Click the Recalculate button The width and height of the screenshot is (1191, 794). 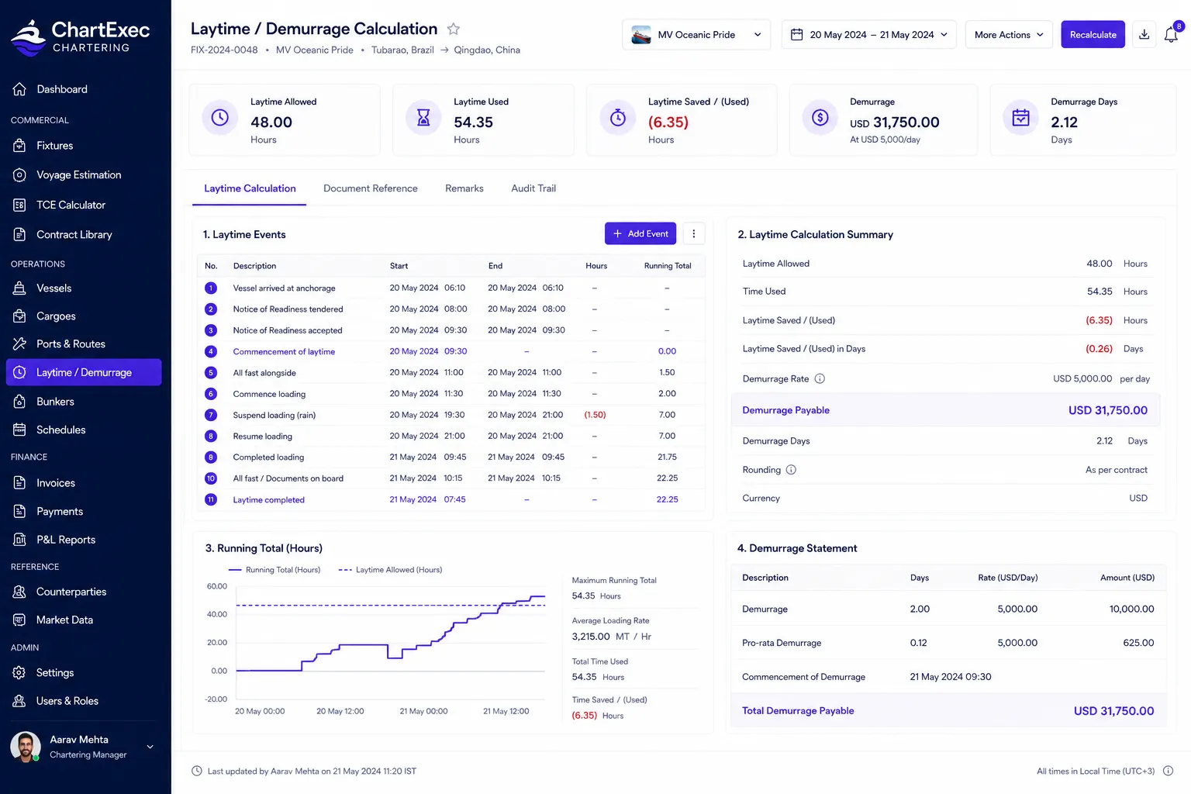point(1093,35)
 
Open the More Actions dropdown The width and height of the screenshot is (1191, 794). point(1009,35)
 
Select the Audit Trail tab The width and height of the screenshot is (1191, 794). point(533,188)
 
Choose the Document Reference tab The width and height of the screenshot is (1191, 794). point(370,188)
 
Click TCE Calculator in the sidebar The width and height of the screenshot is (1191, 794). point(71,205)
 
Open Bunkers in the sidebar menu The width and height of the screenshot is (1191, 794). point(55,402)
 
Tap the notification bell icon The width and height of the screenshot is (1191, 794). point(1171,35)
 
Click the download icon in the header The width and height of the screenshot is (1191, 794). point(1144,35)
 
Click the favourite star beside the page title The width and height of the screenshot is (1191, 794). point(453,29)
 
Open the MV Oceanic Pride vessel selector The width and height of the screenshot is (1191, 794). point(696,35)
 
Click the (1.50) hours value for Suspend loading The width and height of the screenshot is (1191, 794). point(595,415)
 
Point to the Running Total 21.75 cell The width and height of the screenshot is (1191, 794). point(667,457)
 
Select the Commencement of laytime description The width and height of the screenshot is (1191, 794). point(284,351)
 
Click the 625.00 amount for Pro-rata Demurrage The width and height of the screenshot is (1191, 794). point(1138,643)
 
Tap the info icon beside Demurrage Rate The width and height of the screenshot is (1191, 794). point(820,378)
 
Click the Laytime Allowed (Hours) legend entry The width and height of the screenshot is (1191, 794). point(390,570)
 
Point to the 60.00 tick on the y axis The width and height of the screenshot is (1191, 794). point(216,586)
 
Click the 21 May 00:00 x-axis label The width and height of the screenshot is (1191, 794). point(423,711)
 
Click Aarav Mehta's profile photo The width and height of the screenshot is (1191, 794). point(26,746)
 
